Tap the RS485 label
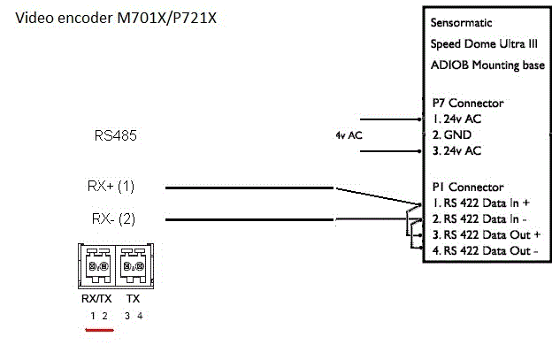tap(115, 136)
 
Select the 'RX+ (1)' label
tap(110, 187)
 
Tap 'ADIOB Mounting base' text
tap(487, 65)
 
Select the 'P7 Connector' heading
tap(468, 103)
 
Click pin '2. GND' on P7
tap(451, 135)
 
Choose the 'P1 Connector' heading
tap(468, 188)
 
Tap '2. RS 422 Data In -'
tap(479, 219)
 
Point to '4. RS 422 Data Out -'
tap(483, 251)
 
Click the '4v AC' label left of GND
tap(349, 136)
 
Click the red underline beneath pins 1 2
tap(97, 333)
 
